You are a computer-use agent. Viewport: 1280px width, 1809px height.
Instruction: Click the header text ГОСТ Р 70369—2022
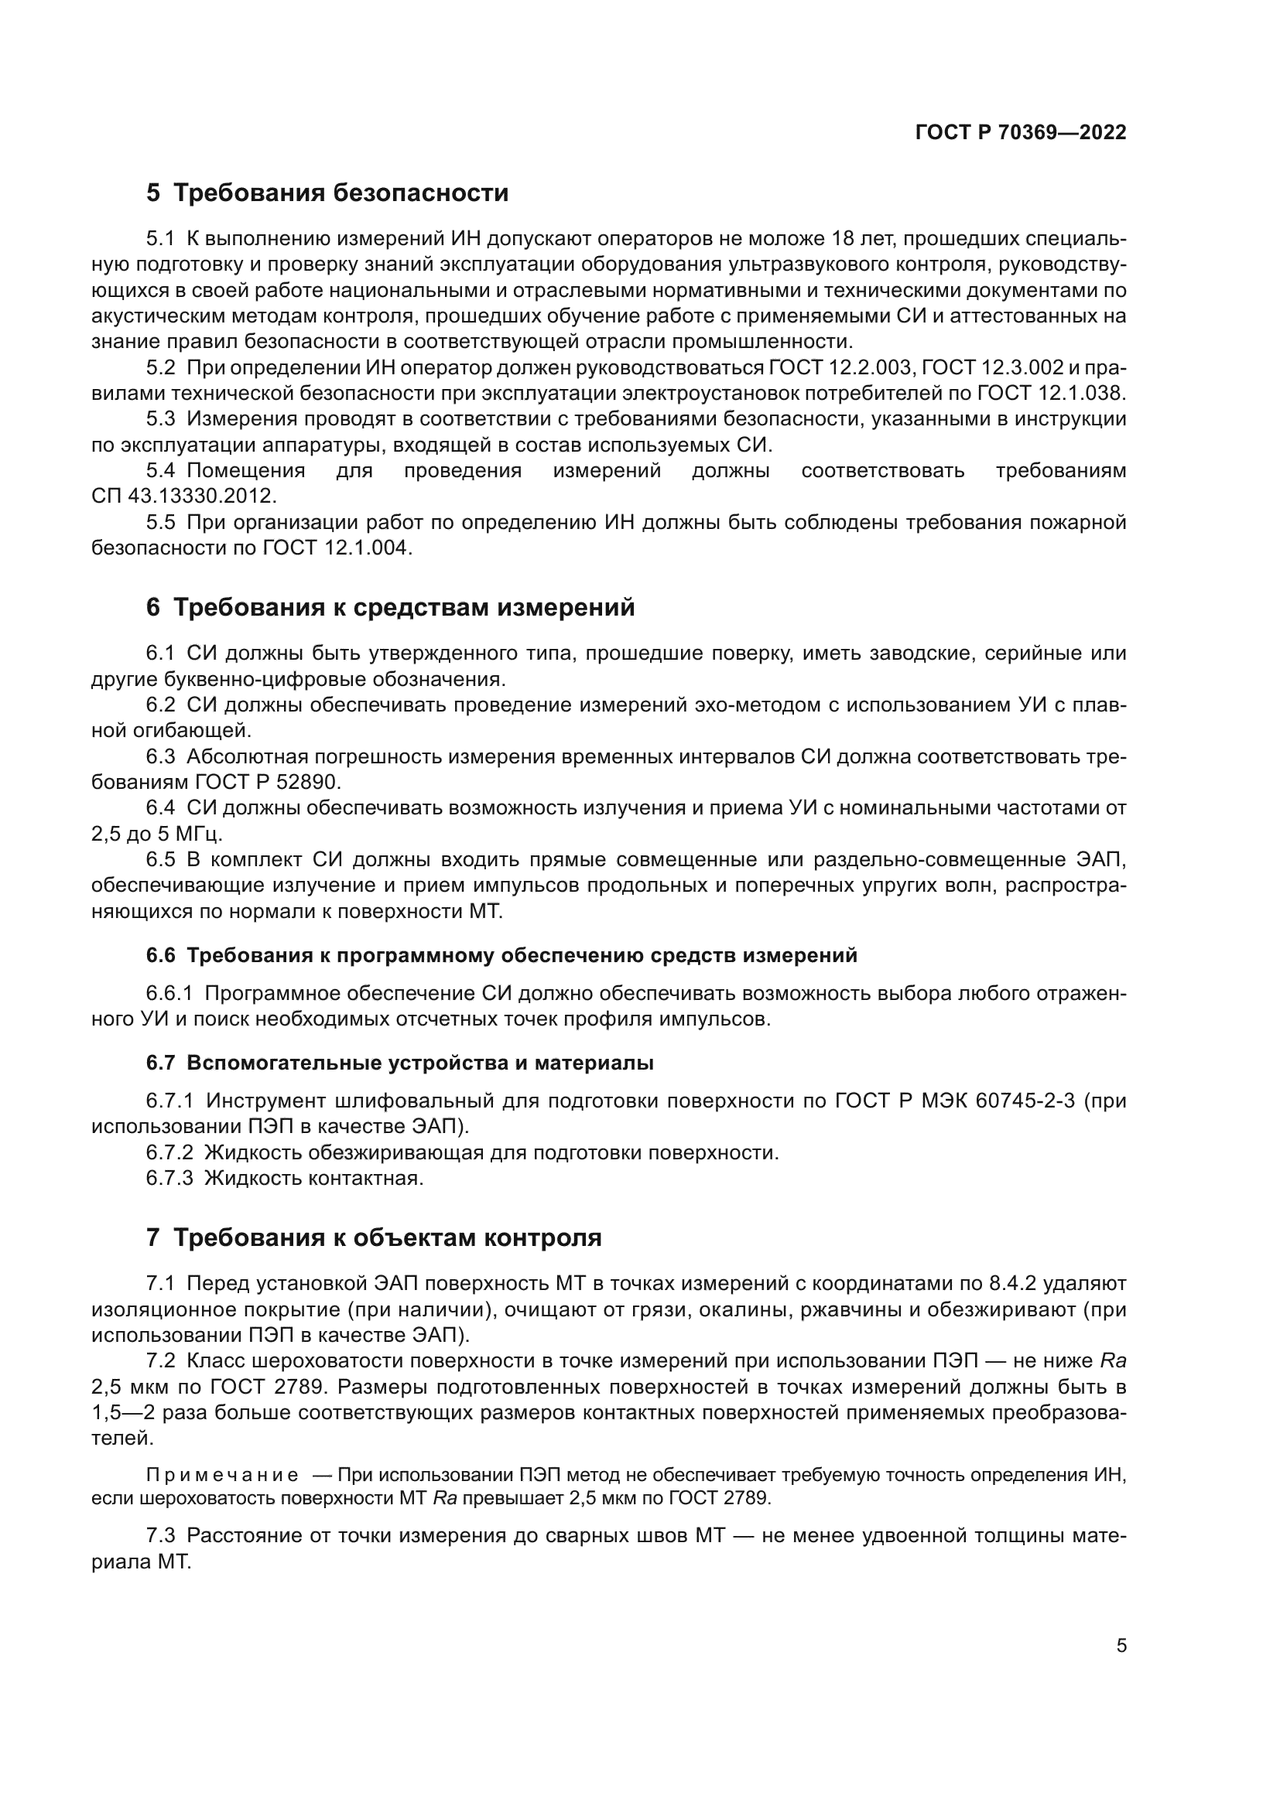[1021, 132]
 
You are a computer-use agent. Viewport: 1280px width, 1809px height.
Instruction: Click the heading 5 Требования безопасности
[327, 193]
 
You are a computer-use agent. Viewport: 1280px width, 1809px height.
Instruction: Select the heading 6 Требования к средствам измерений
[390, 607]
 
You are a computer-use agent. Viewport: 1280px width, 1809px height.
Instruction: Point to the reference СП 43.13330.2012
[183, 497]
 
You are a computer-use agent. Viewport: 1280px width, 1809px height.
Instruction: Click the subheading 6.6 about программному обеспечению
[501, 956]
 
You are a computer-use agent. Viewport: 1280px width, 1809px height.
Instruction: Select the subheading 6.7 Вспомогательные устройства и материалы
[399, 1063]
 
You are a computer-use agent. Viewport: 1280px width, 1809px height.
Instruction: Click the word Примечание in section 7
[222, 1475]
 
